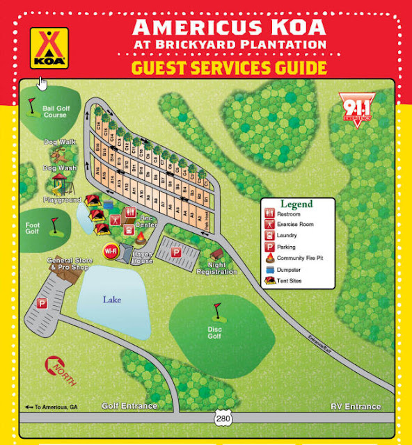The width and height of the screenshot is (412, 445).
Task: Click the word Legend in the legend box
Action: (x=296, y=204)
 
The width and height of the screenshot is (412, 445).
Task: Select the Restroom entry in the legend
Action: (x=290, y=216)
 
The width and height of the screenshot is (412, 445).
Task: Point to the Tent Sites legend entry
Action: (x=291, y=281)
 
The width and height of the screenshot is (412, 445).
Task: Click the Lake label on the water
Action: (x=113, y=300)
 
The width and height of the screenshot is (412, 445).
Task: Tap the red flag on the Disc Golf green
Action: (x=216, y=307)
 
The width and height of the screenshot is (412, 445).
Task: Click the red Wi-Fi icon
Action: (x=110, y=251)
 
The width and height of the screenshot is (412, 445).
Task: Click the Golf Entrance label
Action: (x=129, y=406)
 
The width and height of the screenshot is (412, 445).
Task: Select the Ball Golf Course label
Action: (x=54, y=111)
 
